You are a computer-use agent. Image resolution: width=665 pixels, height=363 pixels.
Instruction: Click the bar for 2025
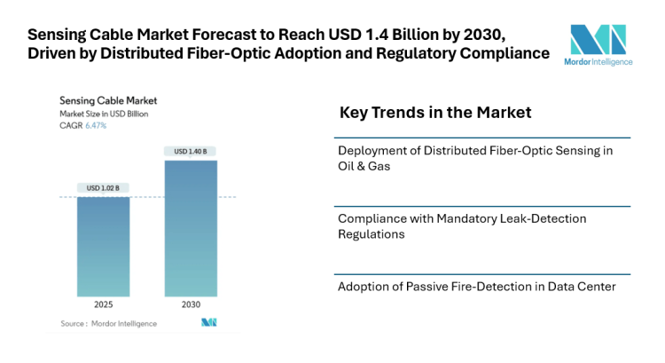click(x=103, y=246)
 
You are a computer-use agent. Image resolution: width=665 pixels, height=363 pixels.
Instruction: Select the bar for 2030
click(x=191, y=228)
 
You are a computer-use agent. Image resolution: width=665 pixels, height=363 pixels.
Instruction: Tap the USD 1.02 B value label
click(x=103, y=187)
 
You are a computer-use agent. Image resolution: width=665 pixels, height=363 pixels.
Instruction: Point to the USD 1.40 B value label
click(x=191, y=152)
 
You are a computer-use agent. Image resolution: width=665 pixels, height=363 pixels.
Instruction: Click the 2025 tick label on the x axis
click(x=103, y=304)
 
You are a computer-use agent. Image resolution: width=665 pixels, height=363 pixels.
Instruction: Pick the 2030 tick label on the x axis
click(x=191, y=304)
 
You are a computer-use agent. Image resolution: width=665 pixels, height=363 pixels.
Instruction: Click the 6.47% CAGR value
click(x=96, y=125)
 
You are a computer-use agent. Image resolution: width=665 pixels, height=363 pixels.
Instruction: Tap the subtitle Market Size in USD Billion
click(x=104, y=114)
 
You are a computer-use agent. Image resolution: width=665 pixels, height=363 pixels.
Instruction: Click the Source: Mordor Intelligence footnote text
click(x=108, y=323)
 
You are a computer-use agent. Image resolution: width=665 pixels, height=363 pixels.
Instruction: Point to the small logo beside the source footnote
click(x=209, y=322)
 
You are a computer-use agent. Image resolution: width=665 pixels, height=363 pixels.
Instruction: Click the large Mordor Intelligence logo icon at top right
click(x=598, y=40)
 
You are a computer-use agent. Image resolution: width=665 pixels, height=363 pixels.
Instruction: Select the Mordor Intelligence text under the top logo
click(x=598, y=63)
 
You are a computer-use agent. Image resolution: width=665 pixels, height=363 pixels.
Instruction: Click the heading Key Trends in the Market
click(x=435, y=113)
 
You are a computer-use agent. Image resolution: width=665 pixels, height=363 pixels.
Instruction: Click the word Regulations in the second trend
click(x=372, y=234)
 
